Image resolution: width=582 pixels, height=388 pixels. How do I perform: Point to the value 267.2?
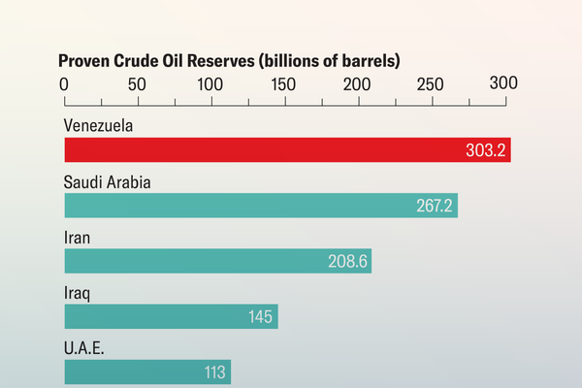(x=434, y=207)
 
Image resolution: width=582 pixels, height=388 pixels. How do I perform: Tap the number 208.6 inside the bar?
(x=349, y=262)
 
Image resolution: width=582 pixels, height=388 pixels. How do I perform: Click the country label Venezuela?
(x=98, y=126)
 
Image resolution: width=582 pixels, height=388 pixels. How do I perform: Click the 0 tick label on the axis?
(x=65, y=84)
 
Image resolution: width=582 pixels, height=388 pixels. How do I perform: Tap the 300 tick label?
(x=503, y=83)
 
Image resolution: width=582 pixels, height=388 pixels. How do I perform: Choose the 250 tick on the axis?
(x=431, y=84)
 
